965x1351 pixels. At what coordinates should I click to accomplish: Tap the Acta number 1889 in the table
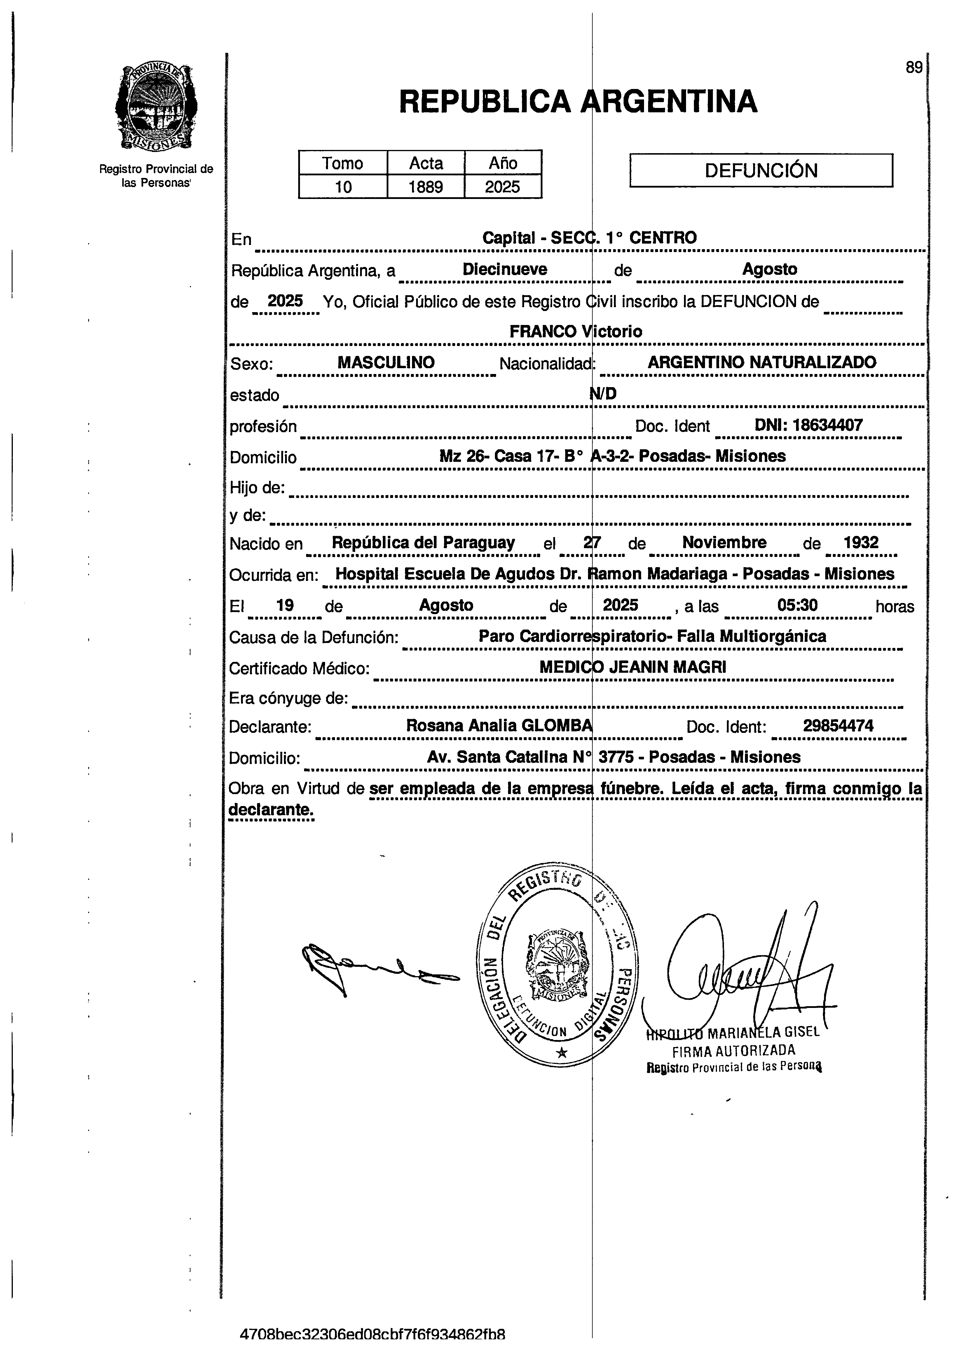425,187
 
